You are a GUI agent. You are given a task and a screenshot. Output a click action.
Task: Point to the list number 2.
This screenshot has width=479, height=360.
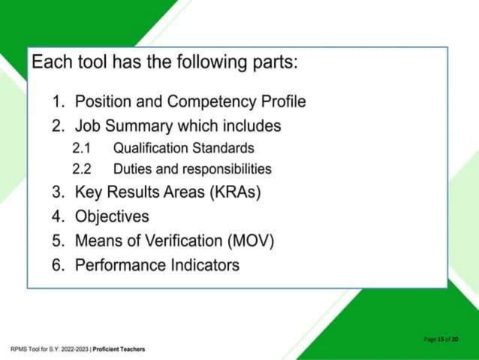click(59, 125)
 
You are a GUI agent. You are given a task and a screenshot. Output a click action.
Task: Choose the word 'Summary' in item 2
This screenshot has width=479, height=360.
click(137, 125)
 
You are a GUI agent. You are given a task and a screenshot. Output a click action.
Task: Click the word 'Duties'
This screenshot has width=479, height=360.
click(132, 169)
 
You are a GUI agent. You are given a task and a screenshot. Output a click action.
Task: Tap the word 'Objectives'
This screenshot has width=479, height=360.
click(112, 216)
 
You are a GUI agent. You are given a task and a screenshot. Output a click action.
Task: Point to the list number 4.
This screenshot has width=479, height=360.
click(59, 216)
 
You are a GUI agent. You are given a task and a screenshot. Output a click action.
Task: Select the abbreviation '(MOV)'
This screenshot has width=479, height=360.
click(249, 241)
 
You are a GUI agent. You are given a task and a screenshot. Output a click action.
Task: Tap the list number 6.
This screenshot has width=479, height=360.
click(59, 265)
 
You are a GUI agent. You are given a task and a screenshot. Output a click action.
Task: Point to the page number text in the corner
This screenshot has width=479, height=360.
click(441, 339)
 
